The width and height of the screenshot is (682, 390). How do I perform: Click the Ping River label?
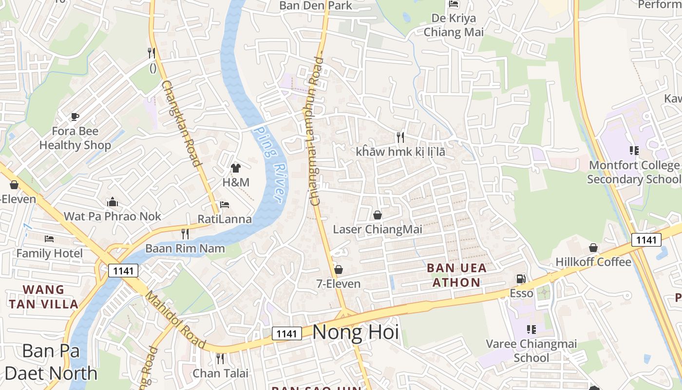(x=269, y=164)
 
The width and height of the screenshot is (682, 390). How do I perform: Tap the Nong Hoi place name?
(x=355, y=332)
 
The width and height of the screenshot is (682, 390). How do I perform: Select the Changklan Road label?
(x=181, y=124)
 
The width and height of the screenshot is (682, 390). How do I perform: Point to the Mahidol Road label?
(x=176, y=320)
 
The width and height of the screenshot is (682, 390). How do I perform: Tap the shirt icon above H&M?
(x=236, y=168)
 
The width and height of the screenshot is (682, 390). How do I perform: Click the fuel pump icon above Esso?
(x=521, y=279)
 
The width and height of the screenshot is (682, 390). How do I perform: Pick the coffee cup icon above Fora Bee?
(x=75, y=117)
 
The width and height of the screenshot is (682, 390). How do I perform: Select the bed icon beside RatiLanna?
(x=225, y=205)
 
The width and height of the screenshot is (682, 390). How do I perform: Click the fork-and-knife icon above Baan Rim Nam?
(x=185, y=234)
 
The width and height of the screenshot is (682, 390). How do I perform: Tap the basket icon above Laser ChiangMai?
(x=378, y=215)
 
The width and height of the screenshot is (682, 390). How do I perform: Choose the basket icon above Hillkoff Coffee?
(x=593, y=248)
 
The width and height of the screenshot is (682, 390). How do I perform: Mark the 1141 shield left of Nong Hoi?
(x=286, y=333)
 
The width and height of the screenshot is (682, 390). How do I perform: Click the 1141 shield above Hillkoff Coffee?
(x=646, y=240)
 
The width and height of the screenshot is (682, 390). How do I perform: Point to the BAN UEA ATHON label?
(x=456, y=275)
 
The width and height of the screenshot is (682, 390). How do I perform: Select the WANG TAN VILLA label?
(x=43, y=297)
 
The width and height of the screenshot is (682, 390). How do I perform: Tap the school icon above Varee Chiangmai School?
(x=531, y=330)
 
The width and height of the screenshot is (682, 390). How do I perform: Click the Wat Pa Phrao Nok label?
(x=113, y=216)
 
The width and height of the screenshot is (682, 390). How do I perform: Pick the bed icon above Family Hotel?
(x=49, y=239)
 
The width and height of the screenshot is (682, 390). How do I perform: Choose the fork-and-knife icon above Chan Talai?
(x=220, y=359)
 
